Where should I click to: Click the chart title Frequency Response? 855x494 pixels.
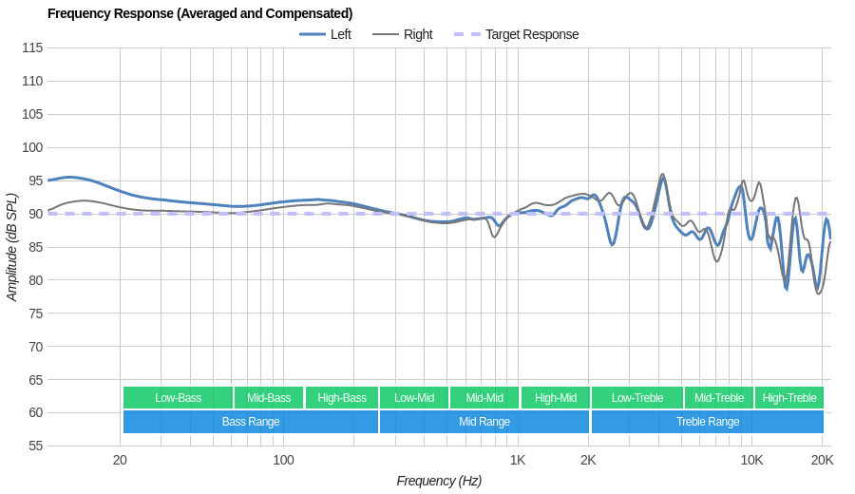pyautogui.click(x=199, y=13)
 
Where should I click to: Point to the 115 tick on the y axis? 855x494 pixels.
pyautogui.click(x=32, y=47)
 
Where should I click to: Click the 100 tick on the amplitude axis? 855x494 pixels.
pyautogui.click(x=32, y=147)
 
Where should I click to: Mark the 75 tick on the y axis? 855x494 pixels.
pyautogui.click(x=32, y=313)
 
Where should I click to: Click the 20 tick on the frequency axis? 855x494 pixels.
pyautogui.click(x=120, y=460)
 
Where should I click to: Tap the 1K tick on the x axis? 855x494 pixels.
pyautogui.click(x=518, y=460)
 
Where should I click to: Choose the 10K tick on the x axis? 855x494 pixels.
pyautogui.click(x=751, y=460)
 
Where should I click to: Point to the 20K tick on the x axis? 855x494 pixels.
pyautogui.click(x=822, y=460)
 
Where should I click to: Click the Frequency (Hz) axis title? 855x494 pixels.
pyautogui.click(x=439, y=481)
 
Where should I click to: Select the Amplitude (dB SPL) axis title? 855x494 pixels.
pyautogui.click(x=12, y=247)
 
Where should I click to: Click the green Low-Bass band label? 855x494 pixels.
pyautogui.click(x=178, y=398)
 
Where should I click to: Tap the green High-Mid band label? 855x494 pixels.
pyautogui.click(x=555, y=398)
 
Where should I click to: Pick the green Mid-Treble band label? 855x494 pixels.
pyautogui.click(x=719, y=398)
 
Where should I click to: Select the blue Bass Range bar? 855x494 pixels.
pyautogui.click(x=251, y=422)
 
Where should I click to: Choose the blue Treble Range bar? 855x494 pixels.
pyautogui.click(x=707, y=422)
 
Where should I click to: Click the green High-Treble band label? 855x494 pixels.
pyautogui.click(x=789, y=398)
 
